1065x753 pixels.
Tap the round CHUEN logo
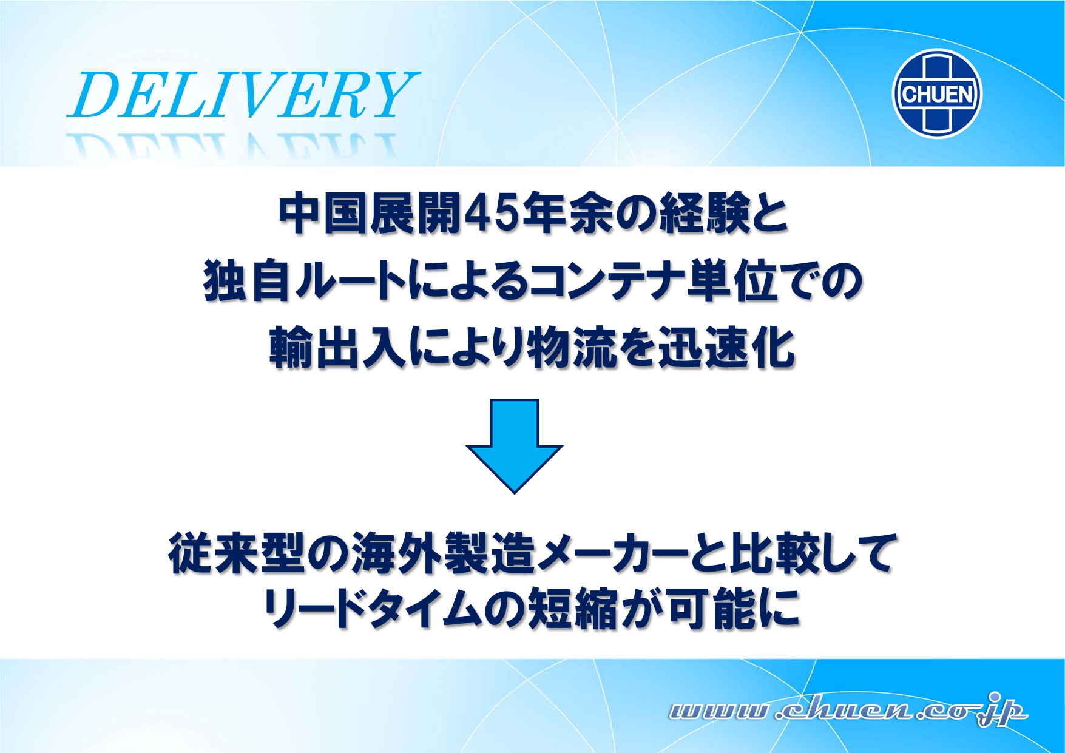click(x=937, y=93)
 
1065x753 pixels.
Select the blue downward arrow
click(x=515, y=446)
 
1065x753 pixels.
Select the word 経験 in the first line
click(x=705, y=214)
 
